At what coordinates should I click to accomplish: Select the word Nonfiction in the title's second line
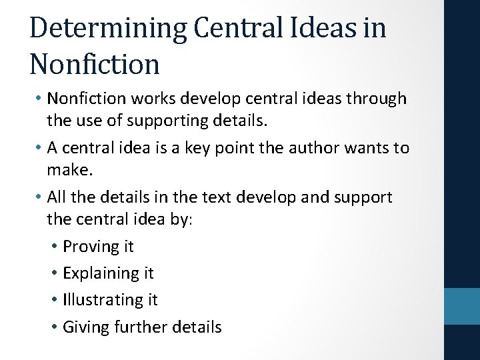tap(95, 64)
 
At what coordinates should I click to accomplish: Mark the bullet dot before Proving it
tap(53, 247)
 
